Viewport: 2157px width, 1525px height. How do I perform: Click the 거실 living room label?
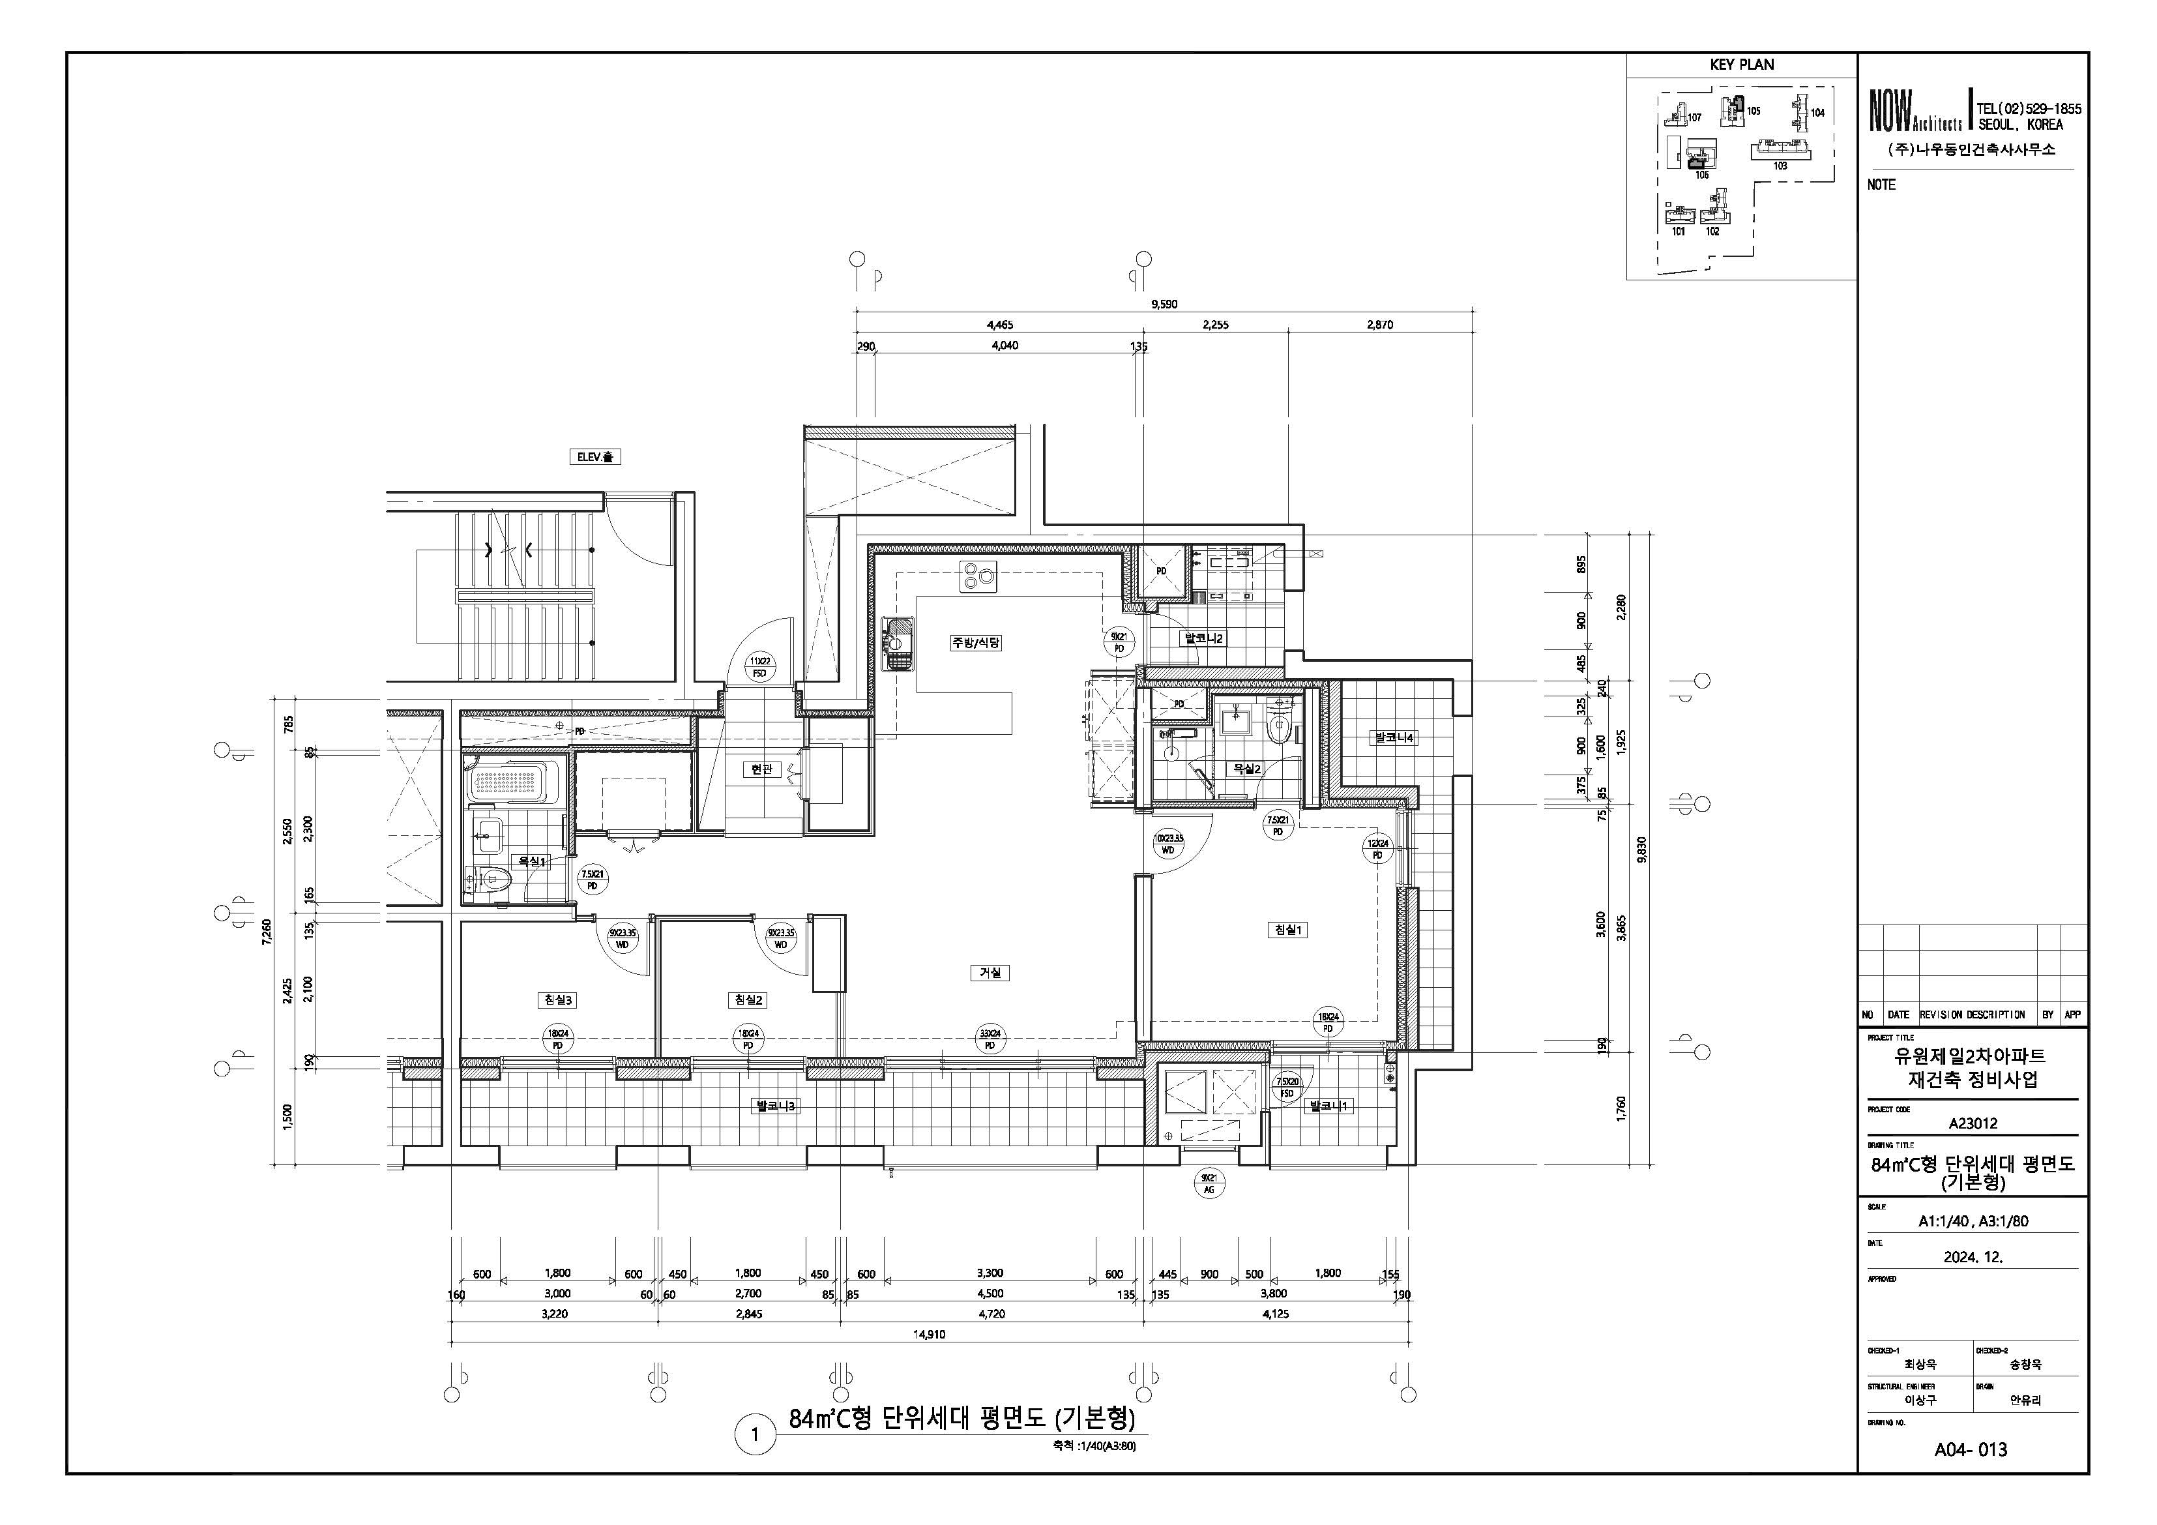[x=990, y=973]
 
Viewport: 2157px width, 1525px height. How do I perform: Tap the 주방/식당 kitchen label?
[x=976, y=643]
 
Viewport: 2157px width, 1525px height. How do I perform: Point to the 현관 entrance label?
[x=761, y=769]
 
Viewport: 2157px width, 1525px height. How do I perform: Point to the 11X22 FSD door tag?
[x=759, y=667]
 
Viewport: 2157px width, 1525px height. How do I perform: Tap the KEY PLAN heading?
[x=1742, y=65]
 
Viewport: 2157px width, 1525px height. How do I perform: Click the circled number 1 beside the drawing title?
[x=754, y=1437]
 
